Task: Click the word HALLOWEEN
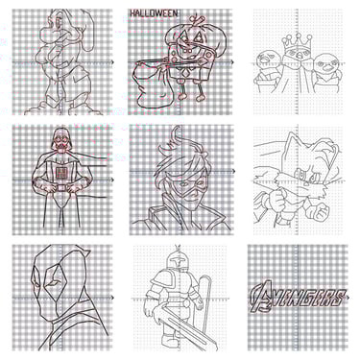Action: (x=154, y=13)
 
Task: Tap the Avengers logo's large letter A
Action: (x=260, y=296)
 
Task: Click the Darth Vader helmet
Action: (x=60, y=139)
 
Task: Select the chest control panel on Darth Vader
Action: (x=60, y=173)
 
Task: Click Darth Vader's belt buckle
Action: (x=60, y=187)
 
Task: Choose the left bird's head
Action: (x=267, y=60)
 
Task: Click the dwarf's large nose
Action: (x=48, y=32)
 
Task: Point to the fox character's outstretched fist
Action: (x=318, y=212)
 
